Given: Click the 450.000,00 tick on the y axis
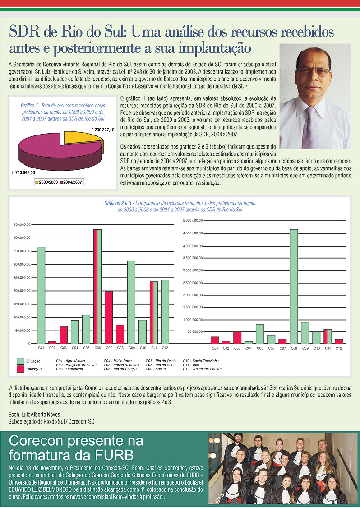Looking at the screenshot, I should (22, 224).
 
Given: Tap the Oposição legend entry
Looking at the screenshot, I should (34, 369).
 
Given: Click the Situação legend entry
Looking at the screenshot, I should (34, 361).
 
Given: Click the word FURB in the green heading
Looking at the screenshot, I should (117, 453).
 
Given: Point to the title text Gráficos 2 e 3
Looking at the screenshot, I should (119, 203).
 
